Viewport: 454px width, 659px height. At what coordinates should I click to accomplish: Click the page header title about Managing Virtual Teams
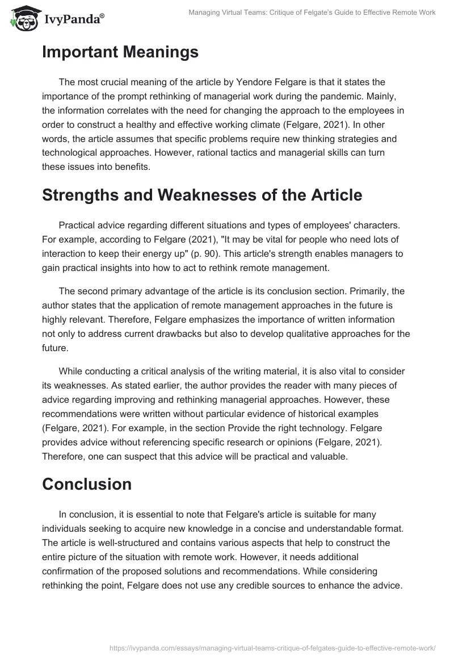312,12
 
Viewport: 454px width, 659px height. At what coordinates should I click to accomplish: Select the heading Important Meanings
120,52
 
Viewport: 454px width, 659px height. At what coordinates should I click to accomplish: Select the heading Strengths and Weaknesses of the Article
201,195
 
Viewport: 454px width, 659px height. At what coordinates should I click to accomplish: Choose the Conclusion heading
86,484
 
